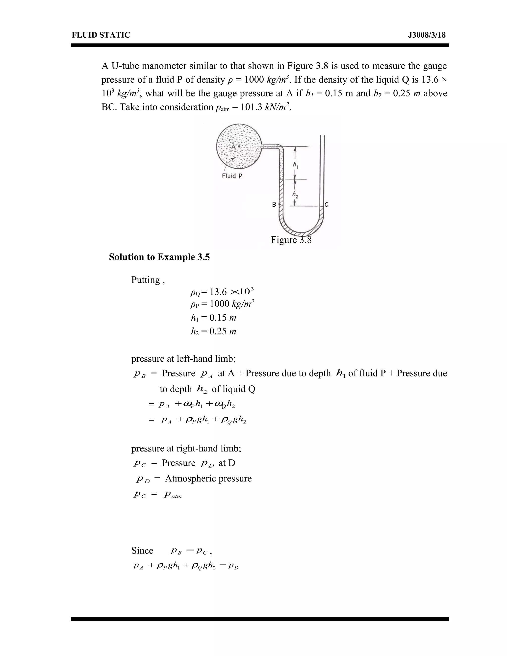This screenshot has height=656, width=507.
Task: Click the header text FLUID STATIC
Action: click(x=101, y=35)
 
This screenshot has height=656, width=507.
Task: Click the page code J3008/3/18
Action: click(x=427, y=35)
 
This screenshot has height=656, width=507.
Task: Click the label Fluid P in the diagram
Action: click(x=231, y=176)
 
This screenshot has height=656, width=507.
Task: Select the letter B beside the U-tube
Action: click(x=274, y=204)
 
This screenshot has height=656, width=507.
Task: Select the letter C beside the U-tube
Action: click(x=327, y=204)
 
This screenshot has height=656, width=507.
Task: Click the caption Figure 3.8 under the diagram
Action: click(x=291, y=240)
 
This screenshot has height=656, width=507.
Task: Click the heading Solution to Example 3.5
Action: click(x=159, y=257)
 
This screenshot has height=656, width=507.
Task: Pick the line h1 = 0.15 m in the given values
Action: click(x=214, y=318)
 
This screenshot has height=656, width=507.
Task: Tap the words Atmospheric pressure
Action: click(x=208, y=478)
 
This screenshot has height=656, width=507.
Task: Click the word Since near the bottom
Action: click(x=142, y=551)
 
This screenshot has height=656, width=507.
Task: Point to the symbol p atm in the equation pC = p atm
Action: click(x=173, y=495)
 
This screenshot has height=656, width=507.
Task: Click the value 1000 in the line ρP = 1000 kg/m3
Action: click(x=219, y=304)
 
